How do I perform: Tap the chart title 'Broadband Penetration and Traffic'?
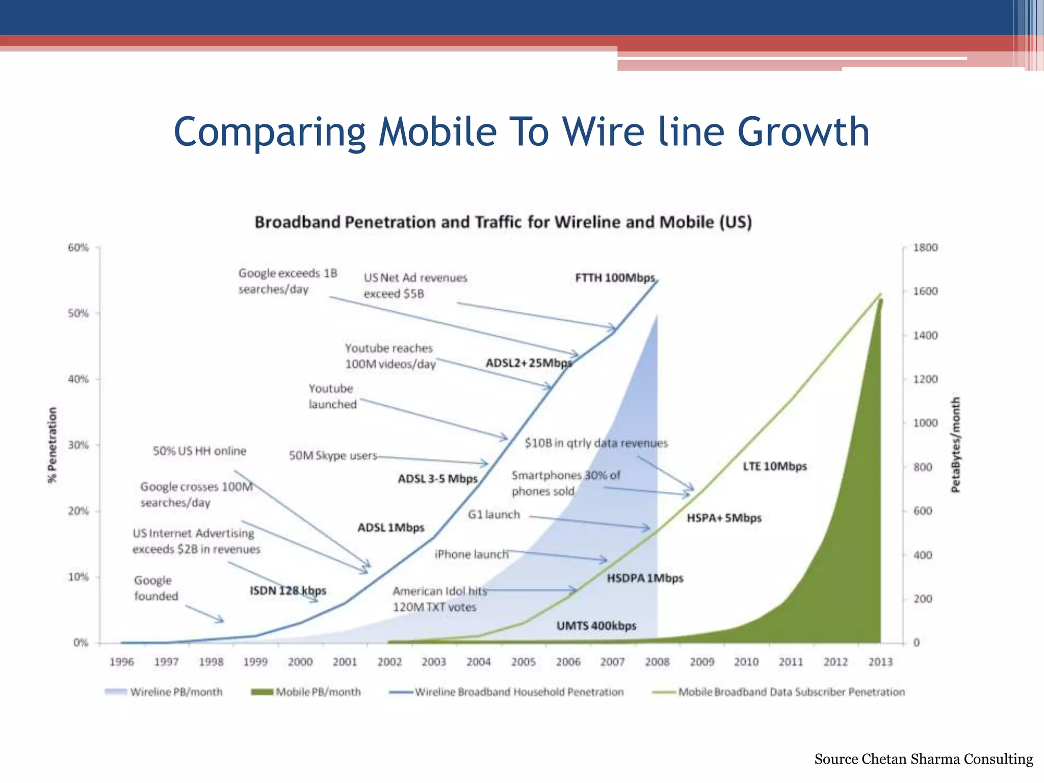click(503, 222)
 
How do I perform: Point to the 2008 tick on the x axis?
click(657, 662)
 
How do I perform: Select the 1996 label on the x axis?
click(121, 662)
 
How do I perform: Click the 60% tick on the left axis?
click(78, 248)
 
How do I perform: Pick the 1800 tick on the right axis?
click(925, 248)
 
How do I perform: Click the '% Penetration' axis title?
click(52, 445)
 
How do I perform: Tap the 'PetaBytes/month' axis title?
click(955, 445)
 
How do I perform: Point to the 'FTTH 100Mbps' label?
click(615, 278)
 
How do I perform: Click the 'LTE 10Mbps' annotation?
click(774, 466)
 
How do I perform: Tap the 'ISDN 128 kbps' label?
click(288, 590)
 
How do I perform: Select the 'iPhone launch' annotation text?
click(471, 554)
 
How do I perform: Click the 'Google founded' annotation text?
click(155, 588)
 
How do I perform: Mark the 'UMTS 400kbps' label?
click(596, 625)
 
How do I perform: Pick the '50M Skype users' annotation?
click(333, 455)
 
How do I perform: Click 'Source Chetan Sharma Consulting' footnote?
click(923, 759)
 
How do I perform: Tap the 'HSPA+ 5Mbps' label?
click(723, 518)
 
